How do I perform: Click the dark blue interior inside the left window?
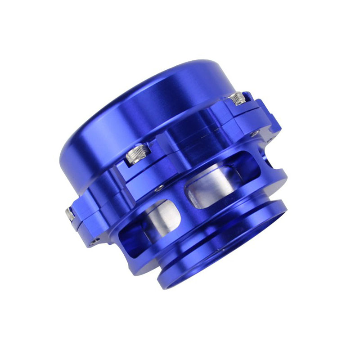tap(130, 234)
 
